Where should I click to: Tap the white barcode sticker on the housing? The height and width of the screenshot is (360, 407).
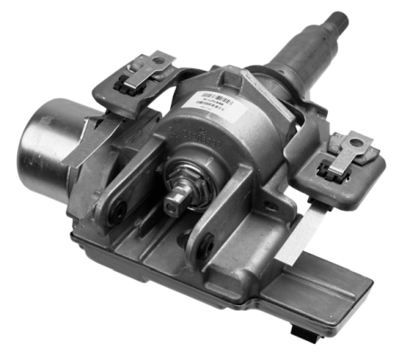[x=217, y=100]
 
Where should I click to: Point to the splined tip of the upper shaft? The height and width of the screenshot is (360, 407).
[x=342, y=17]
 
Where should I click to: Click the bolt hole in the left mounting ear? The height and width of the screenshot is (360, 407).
[x=116, y=212]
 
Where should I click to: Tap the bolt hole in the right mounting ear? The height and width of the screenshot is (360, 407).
[x=204, y=240]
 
